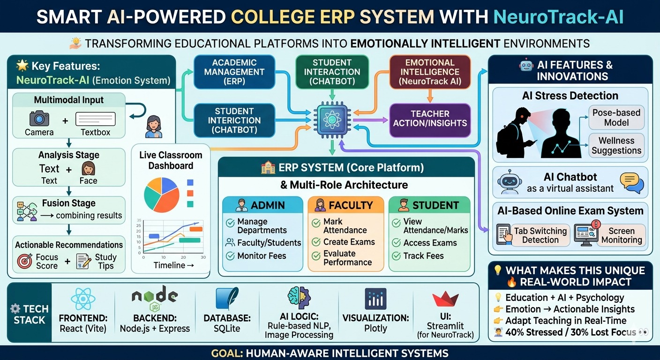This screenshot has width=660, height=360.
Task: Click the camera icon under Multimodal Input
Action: click(39, 119)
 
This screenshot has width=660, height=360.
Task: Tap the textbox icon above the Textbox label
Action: click(96, 119)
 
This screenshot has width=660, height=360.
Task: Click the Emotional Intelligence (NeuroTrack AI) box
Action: click(430, 72)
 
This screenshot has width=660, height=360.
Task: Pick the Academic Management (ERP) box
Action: click(234, 72)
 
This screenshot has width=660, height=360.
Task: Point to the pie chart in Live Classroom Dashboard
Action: click(161, 195)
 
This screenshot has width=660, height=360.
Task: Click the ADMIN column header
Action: click(262, 205)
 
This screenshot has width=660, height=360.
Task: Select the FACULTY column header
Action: click(345, 205)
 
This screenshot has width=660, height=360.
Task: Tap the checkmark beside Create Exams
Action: click(316, 242)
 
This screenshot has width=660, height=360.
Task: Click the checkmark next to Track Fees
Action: click(396, 256)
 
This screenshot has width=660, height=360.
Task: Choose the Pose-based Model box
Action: click(616, 118)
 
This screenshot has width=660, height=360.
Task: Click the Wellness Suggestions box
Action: click(616, 145)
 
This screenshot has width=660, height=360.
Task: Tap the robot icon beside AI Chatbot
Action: click(510, 182)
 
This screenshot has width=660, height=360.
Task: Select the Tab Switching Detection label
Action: click(540, 235)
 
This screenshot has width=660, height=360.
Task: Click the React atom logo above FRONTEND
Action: click(83, 300)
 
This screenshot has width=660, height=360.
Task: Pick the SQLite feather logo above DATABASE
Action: click(227, 299)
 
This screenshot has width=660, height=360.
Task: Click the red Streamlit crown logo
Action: click(445, 299)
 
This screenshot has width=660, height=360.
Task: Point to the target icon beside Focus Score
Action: click(25, 261)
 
